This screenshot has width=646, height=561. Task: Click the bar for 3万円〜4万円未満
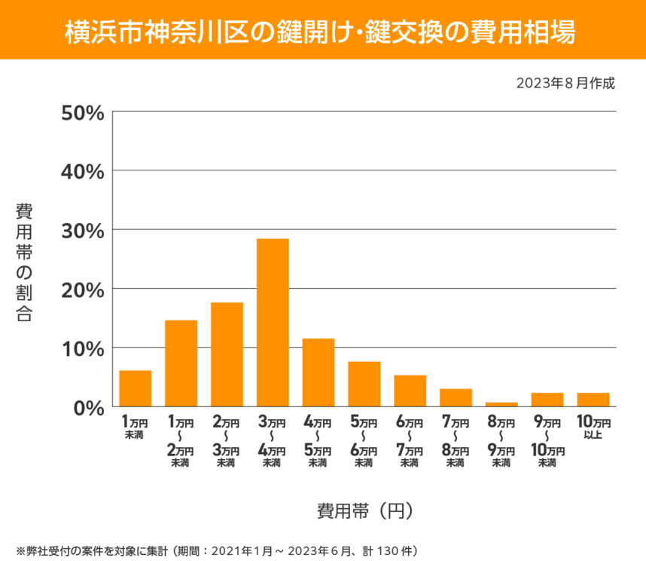[273, 323]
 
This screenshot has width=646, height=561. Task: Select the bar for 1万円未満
[136, 388]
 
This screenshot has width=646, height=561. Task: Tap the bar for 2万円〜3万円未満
[227, 354]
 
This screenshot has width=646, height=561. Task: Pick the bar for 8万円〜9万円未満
[501, 404]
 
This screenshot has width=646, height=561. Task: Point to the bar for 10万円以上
[593, 400]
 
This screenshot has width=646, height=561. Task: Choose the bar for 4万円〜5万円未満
[318, 372]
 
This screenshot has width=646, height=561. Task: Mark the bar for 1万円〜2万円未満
[181, 363]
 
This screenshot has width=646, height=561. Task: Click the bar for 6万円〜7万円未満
[410, 391]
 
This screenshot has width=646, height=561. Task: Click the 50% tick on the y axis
[82, 113]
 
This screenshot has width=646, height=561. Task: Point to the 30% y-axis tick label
[82, 231]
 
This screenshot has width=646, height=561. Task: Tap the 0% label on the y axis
[88, 408]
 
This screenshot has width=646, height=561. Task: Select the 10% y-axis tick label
[82, 349]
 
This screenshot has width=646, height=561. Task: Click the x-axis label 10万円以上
[593, 428]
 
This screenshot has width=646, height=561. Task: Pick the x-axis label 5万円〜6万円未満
[364, 443]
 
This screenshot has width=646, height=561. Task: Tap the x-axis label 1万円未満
[136, 428]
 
